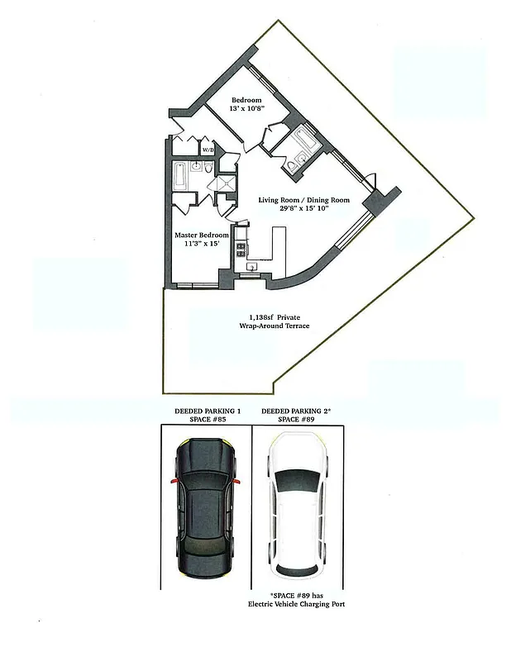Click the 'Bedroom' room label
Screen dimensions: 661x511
(246, 101)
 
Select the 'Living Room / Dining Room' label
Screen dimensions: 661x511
(303, 200)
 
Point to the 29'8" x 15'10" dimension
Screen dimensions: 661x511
(303, 210)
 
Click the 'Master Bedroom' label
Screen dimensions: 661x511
(201, 235)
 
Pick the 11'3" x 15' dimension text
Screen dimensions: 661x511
(201, 245)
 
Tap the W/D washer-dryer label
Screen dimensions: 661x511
(209, 150)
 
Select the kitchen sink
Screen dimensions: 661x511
(251, 266)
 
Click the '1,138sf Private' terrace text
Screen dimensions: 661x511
(279, 317)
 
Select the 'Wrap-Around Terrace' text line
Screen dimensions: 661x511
(279, 326)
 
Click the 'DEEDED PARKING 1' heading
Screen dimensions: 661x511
(208, 411)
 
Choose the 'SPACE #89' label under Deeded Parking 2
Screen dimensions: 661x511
(295, 420)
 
